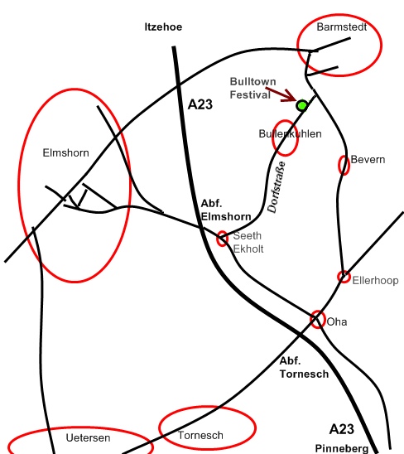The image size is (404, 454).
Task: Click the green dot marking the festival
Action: tap(302, 105)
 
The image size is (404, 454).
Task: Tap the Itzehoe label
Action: tap(163, 27)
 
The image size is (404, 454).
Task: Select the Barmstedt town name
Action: tap(341, 27)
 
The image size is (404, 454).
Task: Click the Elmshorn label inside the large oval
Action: tap(65, 152)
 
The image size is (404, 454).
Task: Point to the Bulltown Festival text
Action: tap(252, 88)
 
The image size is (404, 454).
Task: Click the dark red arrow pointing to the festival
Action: tap(281, 94)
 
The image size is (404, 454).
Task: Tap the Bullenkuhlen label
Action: tap(290, 133)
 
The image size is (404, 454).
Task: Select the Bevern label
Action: tap(368, 160)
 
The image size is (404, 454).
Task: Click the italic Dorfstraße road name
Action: tap(277, 187)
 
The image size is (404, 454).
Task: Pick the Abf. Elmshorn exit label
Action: tap(226, 210)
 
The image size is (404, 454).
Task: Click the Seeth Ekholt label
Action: tap(248, 243)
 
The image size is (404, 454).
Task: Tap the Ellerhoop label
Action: tap(375, 280)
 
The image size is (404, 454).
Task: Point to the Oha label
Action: tap(337, 321)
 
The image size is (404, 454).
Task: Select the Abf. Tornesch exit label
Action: tap(304, 368)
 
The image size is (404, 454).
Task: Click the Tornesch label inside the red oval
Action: tap(200, 435)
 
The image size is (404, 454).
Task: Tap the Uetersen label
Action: tap(88, 437)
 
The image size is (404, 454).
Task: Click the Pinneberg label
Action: tap(341, 448)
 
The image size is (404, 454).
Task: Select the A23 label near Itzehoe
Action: tap(200, 104)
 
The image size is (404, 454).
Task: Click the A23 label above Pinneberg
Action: tap(341, 429)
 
